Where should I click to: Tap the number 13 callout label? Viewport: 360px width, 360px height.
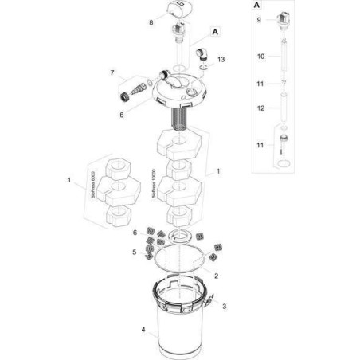click(x=221, y=61)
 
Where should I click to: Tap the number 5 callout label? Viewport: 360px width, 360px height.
click(x=135, y=252)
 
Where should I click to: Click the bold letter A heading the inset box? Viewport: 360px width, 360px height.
click(x=256, y=6)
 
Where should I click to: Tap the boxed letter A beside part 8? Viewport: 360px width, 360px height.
click(x=215, y=32)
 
